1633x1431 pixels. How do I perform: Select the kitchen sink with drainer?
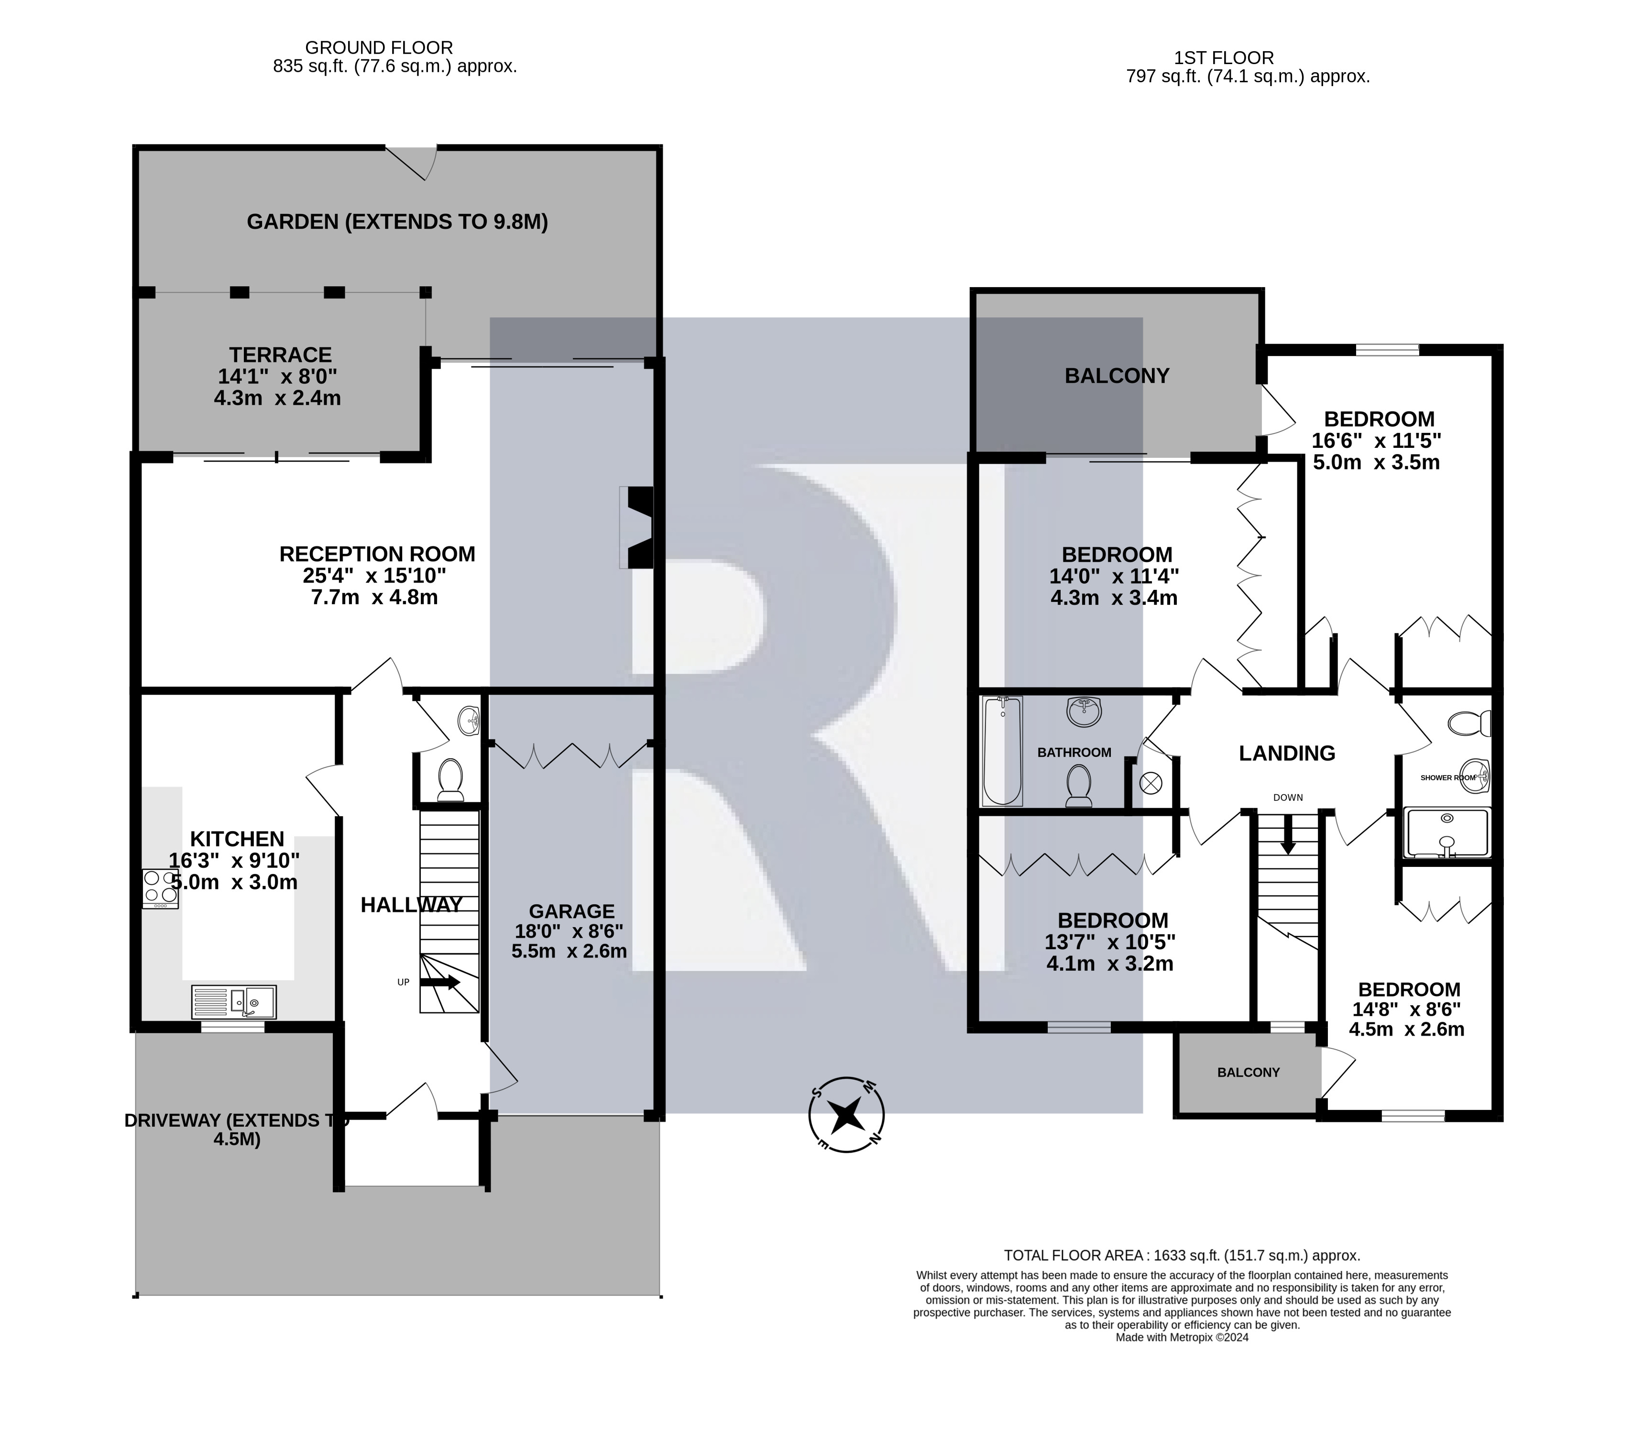[234, 1001]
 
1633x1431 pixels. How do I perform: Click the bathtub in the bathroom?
[1002, 751]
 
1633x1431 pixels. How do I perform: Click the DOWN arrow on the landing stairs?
[1287, 834]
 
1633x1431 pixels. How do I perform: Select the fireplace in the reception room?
[637, 528]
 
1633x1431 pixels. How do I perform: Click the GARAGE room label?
[571, 911]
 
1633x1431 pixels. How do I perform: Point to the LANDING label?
[1287, 753]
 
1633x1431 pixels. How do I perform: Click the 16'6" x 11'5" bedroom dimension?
[1377, 441]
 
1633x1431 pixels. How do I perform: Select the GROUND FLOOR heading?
[379, 48]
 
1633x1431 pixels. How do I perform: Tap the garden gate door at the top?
[412, 162]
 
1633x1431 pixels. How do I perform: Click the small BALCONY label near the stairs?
[1248, 1073]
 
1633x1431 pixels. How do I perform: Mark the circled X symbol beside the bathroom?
[1150, 783]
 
